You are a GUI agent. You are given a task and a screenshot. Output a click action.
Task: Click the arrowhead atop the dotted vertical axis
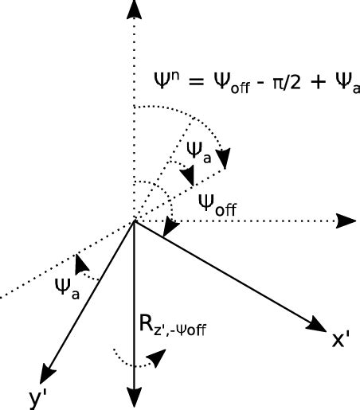click(x=134, y=10)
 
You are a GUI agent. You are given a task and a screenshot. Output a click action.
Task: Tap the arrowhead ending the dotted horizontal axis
click(x=346, y=220)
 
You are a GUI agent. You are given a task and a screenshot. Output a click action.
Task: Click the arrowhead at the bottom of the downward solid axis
click(x=134, y=399)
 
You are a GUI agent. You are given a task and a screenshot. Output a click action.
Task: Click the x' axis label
click(x=341, y=342)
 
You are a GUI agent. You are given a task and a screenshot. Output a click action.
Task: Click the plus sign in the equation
click(x=315, y=82)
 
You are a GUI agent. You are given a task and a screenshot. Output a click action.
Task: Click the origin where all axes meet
click(x=134, y=221)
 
